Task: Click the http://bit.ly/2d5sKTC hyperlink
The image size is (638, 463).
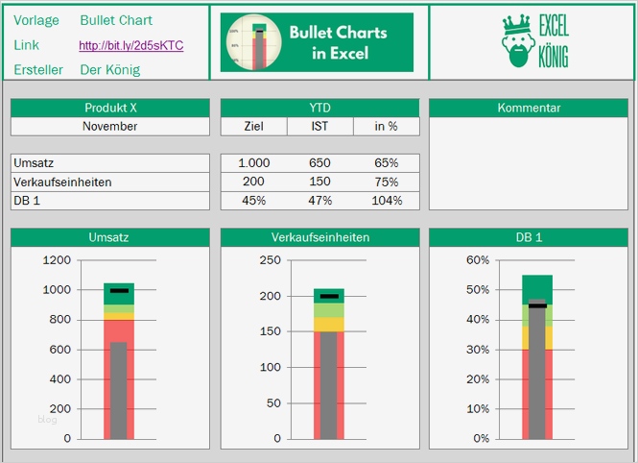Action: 130,45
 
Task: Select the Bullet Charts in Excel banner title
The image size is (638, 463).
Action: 338,42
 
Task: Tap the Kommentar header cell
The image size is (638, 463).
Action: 529,108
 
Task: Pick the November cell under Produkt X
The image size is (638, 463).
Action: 109,126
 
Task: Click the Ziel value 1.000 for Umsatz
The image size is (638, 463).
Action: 253,163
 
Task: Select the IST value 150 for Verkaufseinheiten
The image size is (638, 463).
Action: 320,182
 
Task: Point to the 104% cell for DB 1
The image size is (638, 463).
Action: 387,200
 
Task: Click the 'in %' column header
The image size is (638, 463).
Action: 387,126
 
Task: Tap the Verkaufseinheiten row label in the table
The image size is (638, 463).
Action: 62,182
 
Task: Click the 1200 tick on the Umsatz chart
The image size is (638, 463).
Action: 56,259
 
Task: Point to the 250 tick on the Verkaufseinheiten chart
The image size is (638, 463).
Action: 270,259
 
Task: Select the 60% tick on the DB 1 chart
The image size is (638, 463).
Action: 477,259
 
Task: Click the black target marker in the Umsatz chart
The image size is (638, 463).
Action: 119,290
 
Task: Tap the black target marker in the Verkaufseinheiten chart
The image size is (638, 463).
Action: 329,296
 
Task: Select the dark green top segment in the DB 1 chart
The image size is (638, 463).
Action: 537,287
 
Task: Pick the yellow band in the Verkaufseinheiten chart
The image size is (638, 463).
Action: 329,325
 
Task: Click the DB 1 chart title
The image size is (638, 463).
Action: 529,237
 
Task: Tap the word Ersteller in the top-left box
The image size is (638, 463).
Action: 38,70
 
